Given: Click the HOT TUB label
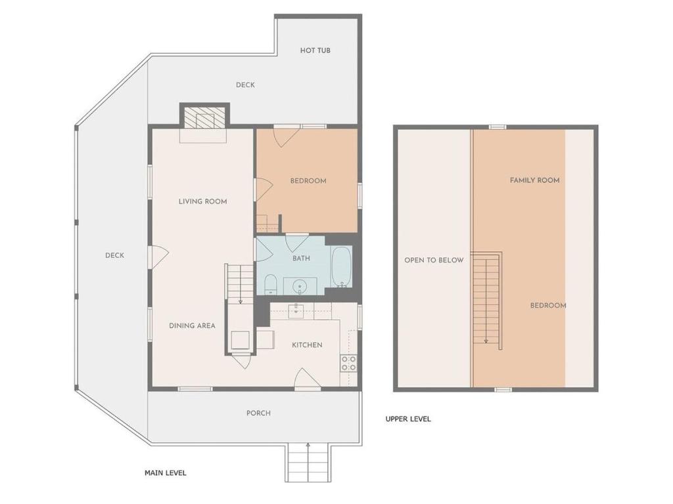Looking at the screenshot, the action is pos(315,50).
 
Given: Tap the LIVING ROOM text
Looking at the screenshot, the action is pos(202,201).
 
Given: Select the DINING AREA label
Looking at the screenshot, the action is pos(192,325).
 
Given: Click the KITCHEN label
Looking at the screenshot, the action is pos(307,345).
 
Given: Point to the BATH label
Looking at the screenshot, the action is pos(301,259).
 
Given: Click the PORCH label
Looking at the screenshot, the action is pos(258,413).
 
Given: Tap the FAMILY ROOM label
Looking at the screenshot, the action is pos(534,180).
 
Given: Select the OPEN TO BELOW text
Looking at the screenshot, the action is pos(434,260).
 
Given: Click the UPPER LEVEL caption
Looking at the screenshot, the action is pos(407,419).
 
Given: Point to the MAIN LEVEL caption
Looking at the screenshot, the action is pos(165,473).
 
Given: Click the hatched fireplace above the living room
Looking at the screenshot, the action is pos(204,117).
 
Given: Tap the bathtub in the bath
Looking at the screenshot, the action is pos(342,266).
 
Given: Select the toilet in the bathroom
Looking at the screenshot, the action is pos(270,285).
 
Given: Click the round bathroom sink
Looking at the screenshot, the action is pos(300,286).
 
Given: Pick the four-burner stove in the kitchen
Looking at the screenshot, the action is pos(348,364).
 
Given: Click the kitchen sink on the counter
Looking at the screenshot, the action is pos(296,311).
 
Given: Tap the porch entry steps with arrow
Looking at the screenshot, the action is pos(308,463).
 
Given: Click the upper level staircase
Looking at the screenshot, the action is pos(487,301).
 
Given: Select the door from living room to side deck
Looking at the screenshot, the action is pos(158,257).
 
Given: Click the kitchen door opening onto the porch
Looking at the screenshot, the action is pos(308,379).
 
